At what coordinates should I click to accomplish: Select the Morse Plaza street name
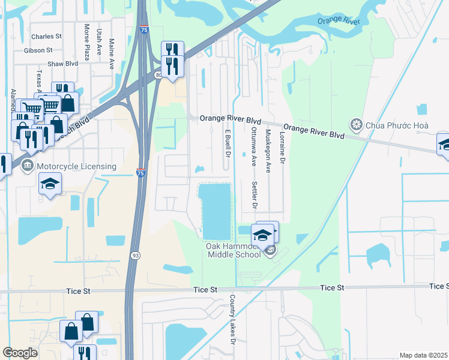(88, 43)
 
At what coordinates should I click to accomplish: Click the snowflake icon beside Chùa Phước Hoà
(357, 125)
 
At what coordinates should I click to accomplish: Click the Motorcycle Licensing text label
(76, 166)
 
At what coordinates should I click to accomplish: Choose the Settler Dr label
(255, 195)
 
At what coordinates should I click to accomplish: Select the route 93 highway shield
(132, 255)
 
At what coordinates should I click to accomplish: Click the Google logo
(20, 353)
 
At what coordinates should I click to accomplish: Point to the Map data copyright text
(424, 355)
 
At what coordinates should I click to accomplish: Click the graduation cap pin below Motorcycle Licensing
(50, 184)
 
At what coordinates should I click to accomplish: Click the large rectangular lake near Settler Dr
(215, 211)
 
